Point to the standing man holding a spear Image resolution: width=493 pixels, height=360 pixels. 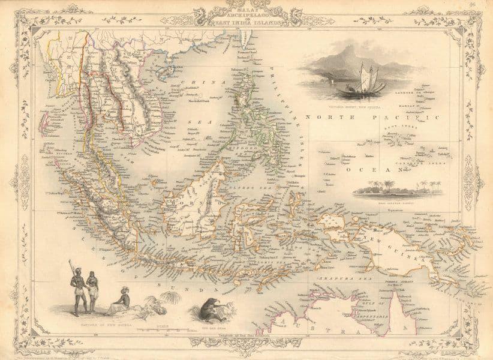click(76, 288)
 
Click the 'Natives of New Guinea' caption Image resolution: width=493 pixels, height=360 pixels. click(97, 323)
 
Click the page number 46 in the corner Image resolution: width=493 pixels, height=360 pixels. click(474, 5)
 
